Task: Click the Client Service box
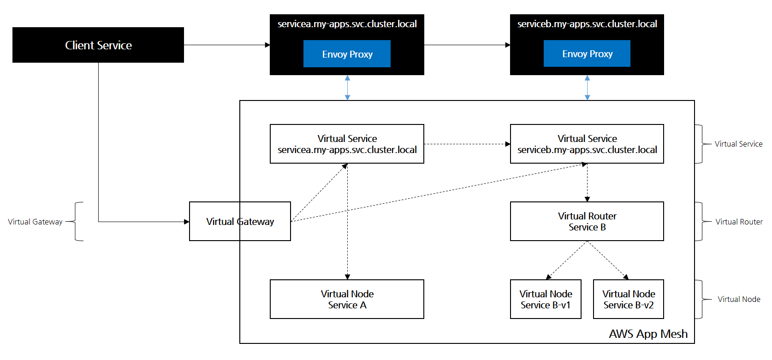click(98, 45)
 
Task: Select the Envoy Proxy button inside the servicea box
click(347, 54)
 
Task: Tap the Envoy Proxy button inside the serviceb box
click(587, 53)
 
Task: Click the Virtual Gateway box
click(240, 221)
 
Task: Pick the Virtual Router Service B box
click(587, 221)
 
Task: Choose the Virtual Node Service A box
click(347, 299)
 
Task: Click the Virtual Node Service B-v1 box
click(546, 299)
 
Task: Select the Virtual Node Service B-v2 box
click(628, 299)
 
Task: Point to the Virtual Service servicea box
click(347, 144)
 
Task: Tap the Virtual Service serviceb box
click(587, 144)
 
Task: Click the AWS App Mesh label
click(648, 334)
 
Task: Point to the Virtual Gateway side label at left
click(35, 222)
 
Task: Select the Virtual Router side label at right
click(739, 222)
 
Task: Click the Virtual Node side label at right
click(739, 299)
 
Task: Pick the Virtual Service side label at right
click(738, 144)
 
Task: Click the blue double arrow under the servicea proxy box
click(347, 88)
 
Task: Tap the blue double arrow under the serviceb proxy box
click(587, 88)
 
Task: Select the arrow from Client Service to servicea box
click(227, 45)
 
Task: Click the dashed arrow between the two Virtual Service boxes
click(467, 144)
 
